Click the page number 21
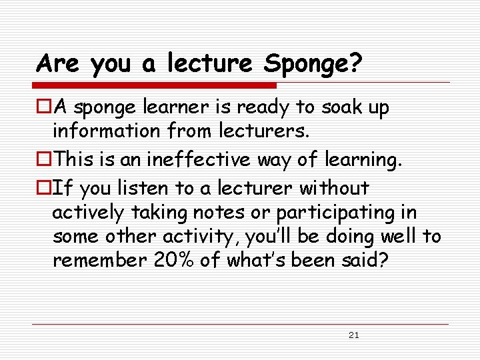[353, 335]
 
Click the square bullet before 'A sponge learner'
[44, 107]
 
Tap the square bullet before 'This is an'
[44, 160]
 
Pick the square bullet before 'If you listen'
[44, 189]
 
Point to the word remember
[98, 260]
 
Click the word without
[333, 189]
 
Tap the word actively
[88, 213]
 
